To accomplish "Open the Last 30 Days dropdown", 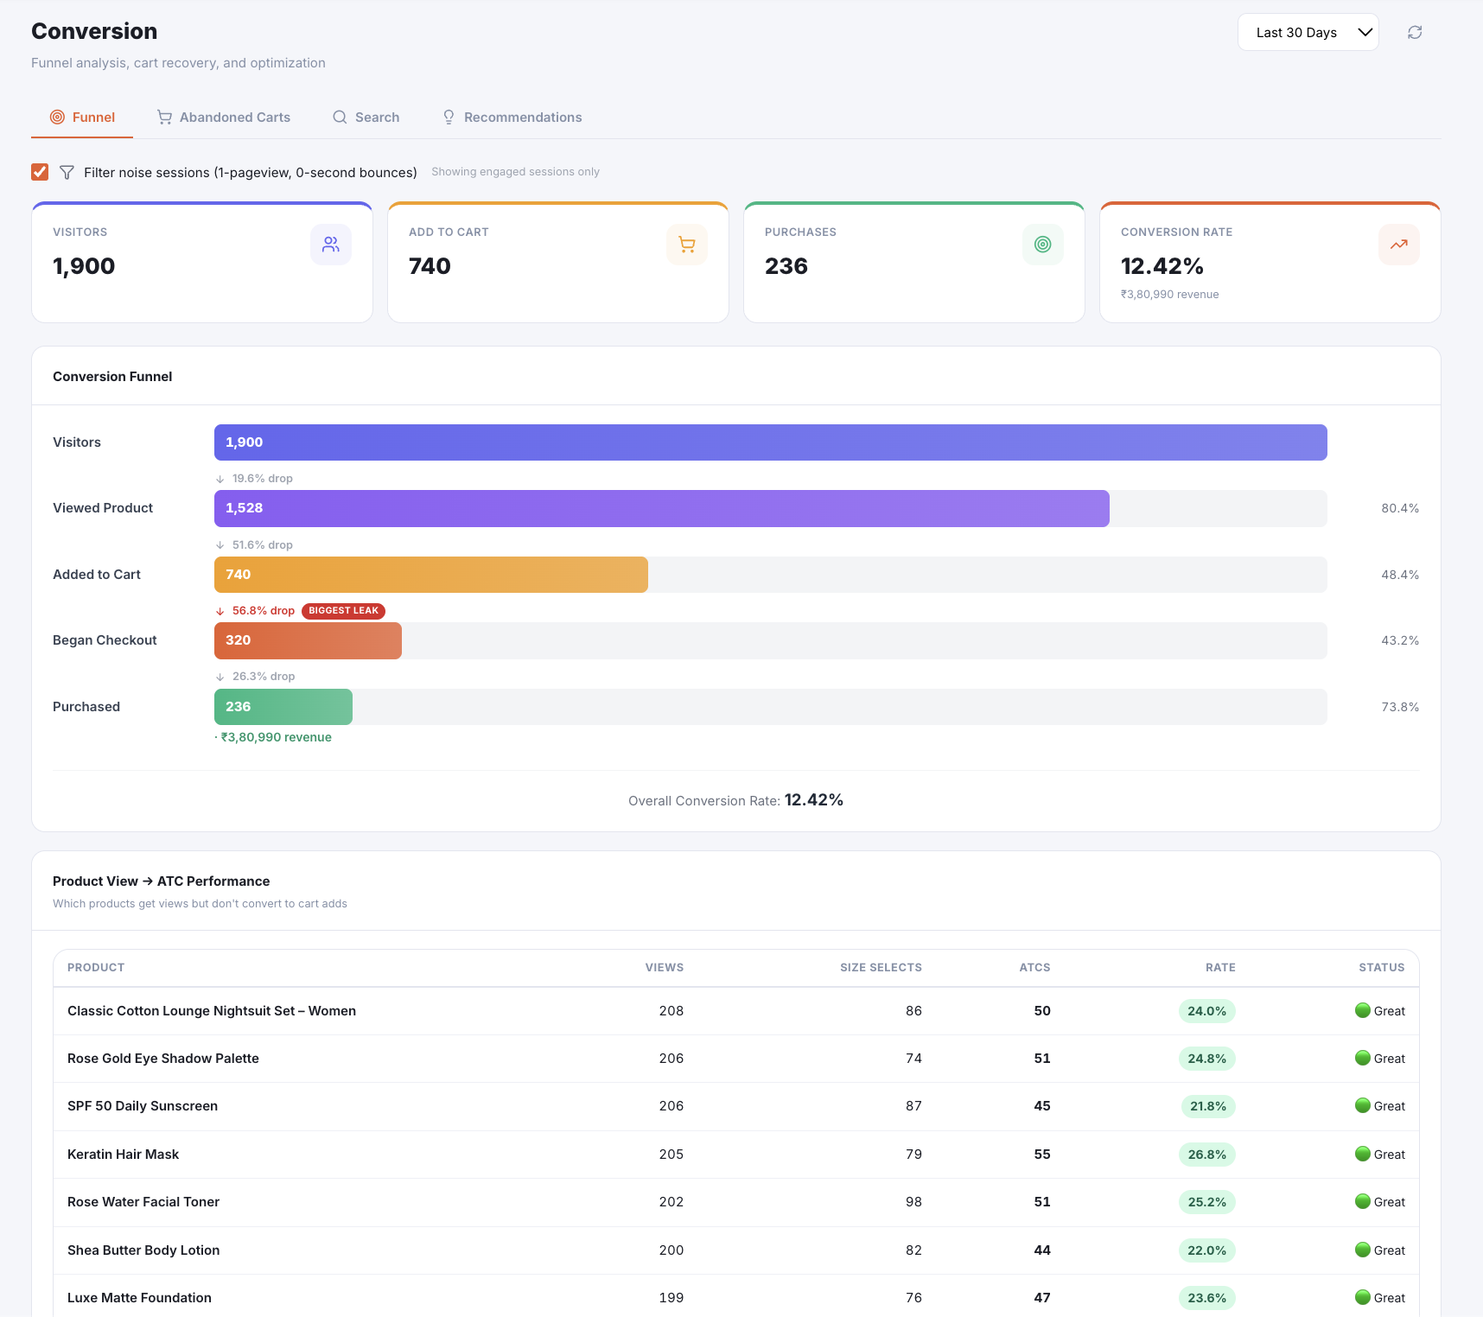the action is click(1308, 33).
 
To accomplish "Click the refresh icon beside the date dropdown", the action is click(1415, 33).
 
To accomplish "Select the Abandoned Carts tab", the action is click(224, 118).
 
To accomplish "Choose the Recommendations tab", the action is click(512, 118).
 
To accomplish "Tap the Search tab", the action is click(366, 118).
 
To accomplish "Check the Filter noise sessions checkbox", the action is click(40, 172).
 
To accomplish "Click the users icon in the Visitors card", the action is click(331, 245).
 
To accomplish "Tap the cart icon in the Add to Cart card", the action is click(687, 245).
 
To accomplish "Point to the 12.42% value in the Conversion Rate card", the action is click(1162, 266).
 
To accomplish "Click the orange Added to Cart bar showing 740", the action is click(431, 575).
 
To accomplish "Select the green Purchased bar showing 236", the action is click(283, 707).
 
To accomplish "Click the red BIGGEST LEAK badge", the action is click(343, 611).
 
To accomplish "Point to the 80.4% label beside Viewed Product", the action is click(1400, 508).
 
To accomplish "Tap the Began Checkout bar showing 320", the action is click(308, 640).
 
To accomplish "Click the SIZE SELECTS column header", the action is click(881, 968).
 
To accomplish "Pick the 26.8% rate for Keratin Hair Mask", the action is click(1207, 1155).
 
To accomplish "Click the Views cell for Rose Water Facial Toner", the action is click(671, 1202).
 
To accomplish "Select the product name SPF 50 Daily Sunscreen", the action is click(143, 1106).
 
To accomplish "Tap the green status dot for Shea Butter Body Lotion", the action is click(1363, 1250).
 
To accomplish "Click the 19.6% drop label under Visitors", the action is click(263, 479).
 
